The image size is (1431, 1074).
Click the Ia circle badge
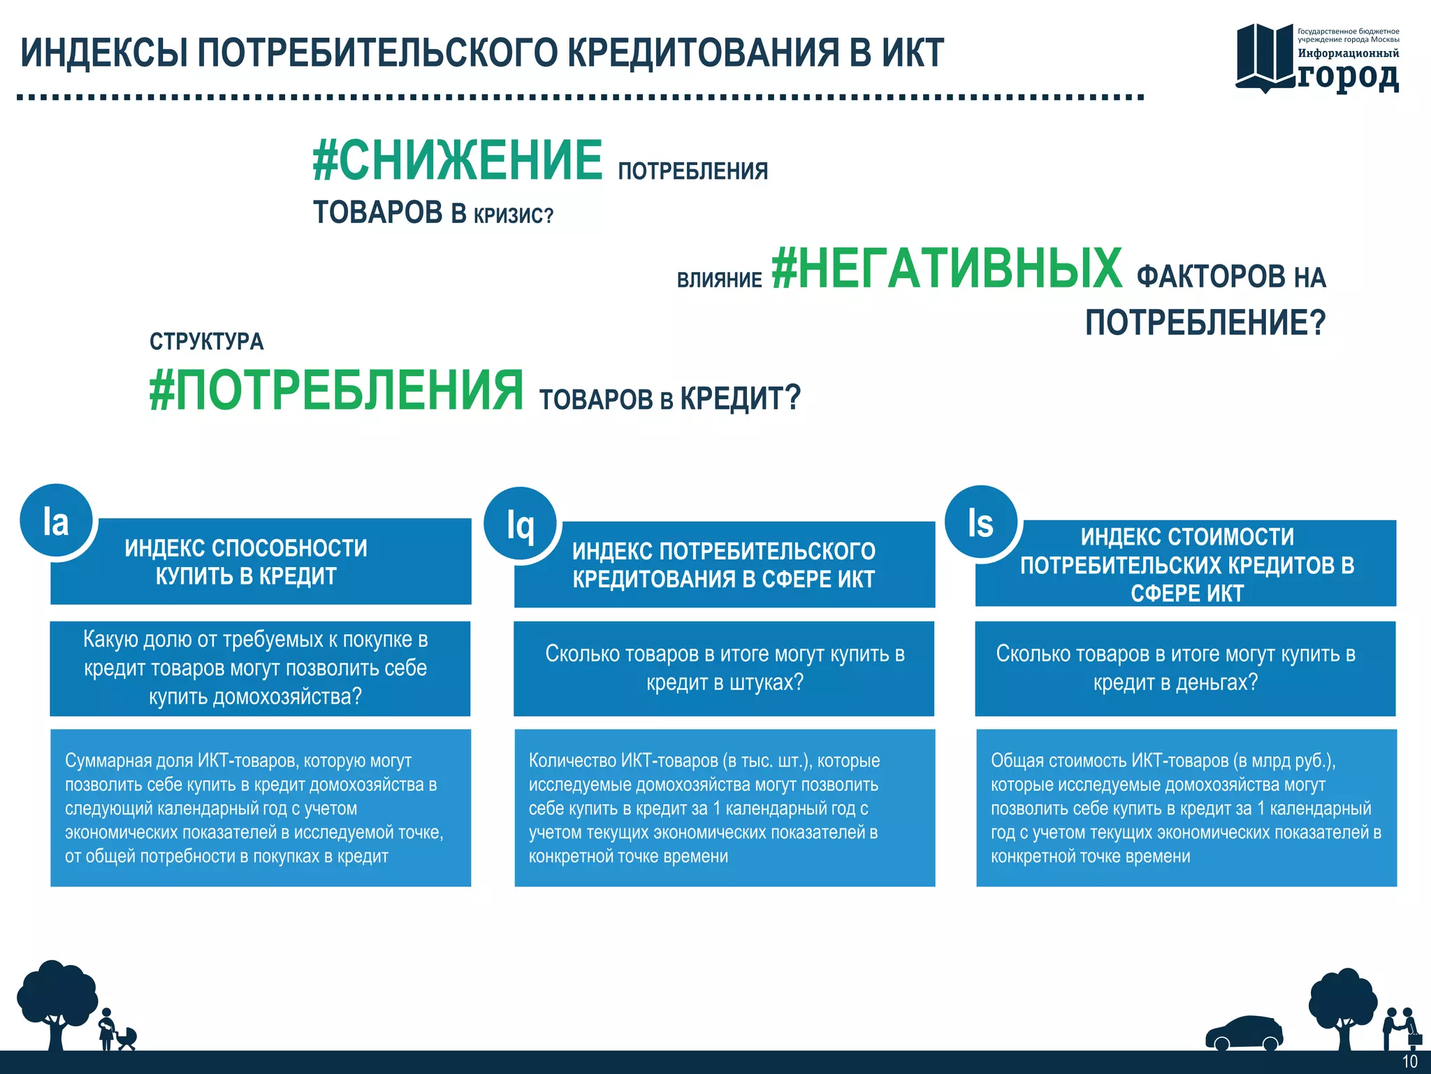pyautogui.click(x=56, y=522)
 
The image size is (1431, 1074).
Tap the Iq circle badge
pyautogui.click(x=521, y=524)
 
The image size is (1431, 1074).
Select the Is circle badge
pyautogui.click(x=981, y=522)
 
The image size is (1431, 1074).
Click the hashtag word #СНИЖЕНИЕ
pyautogui.click(x=458, y=160)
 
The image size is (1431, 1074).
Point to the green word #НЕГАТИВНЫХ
pyautogui.click(x=947, y=268)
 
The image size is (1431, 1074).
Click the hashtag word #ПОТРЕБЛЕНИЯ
pyautogui.click(x=336, y=391)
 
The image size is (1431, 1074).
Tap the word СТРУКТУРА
pyautogui.click(x=206, y=341)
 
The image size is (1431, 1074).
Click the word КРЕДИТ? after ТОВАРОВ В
pyautogui.click(x=740, y=398)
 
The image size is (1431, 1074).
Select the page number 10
pyautogui.click(x=1409, y=1061)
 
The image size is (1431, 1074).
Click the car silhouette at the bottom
pyautogui.click(x=1244, y=1033)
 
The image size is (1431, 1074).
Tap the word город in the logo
pyautogui.click(x=1348, y=76)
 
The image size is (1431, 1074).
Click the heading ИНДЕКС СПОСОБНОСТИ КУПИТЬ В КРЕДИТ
pyautogui.click(x=246, y=561)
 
